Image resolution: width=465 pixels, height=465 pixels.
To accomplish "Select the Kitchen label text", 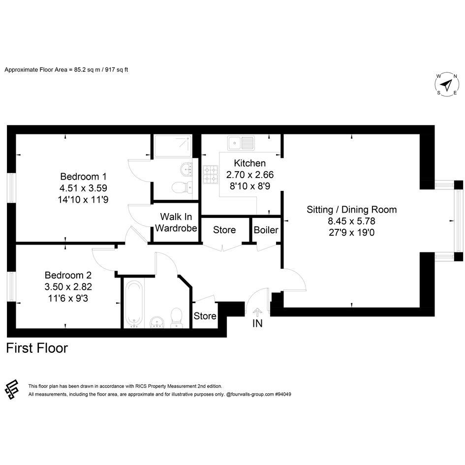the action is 249,163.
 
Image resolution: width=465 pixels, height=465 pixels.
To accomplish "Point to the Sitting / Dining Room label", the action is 352,210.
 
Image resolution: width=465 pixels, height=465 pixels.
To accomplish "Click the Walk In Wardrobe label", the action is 176,222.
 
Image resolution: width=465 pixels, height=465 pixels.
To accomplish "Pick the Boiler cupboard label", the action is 266,230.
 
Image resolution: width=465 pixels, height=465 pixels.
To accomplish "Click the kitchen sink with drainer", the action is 241,143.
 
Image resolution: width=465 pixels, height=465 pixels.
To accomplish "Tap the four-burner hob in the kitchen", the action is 210,174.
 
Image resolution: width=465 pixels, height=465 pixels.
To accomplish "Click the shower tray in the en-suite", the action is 173,146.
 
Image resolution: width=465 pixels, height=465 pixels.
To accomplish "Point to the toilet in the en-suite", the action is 182,187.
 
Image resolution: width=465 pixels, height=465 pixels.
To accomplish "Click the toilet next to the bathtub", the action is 177,317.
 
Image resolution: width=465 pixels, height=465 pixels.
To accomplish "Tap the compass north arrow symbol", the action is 447,85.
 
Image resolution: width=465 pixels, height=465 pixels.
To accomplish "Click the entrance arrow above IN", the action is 257,312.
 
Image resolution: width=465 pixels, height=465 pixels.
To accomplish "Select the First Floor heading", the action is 37,348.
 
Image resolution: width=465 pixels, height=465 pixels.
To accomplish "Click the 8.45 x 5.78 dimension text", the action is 352,221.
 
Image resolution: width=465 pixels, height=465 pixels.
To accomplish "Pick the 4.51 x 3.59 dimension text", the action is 83,188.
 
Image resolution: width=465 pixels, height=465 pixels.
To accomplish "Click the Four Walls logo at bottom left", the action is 12,389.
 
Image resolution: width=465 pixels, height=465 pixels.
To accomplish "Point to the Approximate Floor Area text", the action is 66,70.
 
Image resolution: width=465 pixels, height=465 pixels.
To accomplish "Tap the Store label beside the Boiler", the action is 224,230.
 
